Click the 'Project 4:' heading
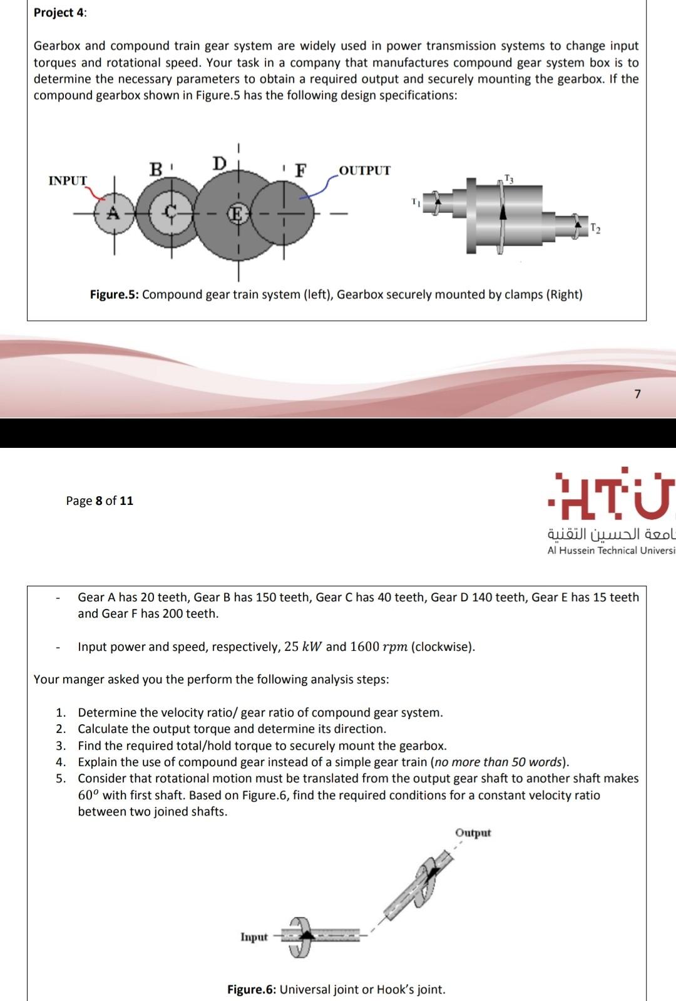pyautogui.click(x=60, y=13)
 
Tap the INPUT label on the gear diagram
pyautogui.click(x=68, y=180)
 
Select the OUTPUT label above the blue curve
pyautogui.click(x=364, y=170)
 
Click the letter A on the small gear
pyautogui.click(x=113, y=213)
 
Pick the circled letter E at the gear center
pyautogui.click(x=237, y=214)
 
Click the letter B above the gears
pyautogui.click(x=156, y=169)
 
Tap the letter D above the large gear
pyautogui.click(x=219, y=163)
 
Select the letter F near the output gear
pyautogui.click(x=301, y=170)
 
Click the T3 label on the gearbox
pyautogui.click(x=508, y=179)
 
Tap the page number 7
pyautogui.click(x=637, y=394)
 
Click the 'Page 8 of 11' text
pyautogui.click(x=100, y=500)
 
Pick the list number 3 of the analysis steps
pyautogui.click(x=60, y=745)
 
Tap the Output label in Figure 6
pyautogui.click(x=473, y=832)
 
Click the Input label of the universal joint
pyautogui.click(x=254, y=936)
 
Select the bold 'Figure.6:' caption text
pyautogui.click(x=252, y=989)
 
